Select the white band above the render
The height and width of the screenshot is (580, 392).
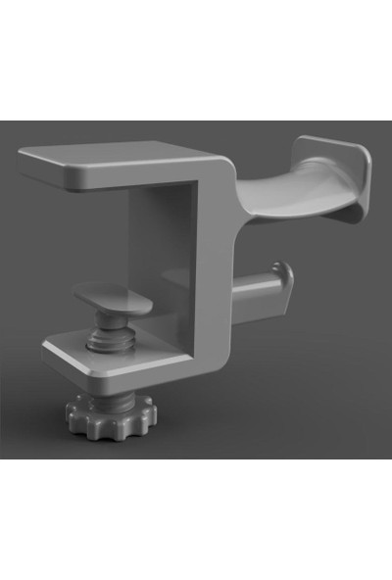coord(196,59)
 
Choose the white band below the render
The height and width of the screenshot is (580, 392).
coord(196,519)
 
